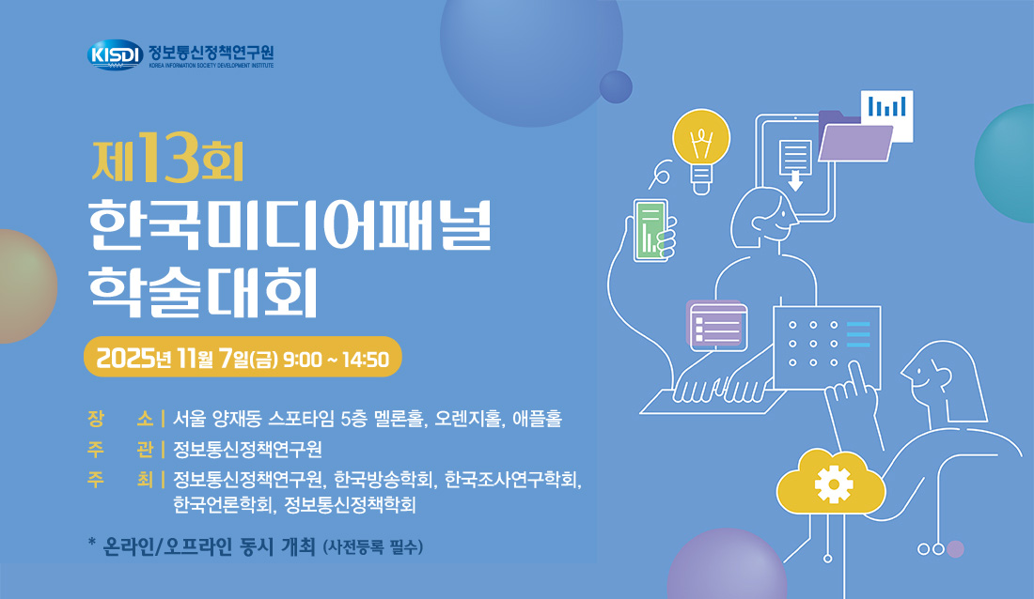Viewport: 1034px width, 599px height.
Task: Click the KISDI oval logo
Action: [116, 54]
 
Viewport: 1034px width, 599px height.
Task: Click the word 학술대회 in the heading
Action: [204, 291]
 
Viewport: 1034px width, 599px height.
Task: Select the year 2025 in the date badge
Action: [125, 359]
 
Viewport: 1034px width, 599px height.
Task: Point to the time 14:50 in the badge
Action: [366, 360]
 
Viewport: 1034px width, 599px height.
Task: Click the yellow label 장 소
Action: [120, 418]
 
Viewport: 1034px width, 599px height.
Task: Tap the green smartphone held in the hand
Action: [650, 230]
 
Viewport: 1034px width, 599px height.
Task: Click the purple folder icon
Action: [854, 137]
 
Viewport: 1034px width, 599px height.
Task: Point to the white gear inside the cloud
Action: [834, 484]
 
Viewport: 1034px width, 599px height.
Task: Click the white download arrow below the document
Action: [795, 180]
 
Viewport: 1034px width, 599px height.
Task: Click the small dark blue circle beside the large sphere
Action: [616, 87]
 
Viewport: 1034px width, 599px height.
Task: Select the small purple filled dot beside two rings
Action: [955, 549]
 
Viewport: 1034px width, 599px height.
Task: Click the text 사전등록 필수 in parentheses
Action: [372, 547]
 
